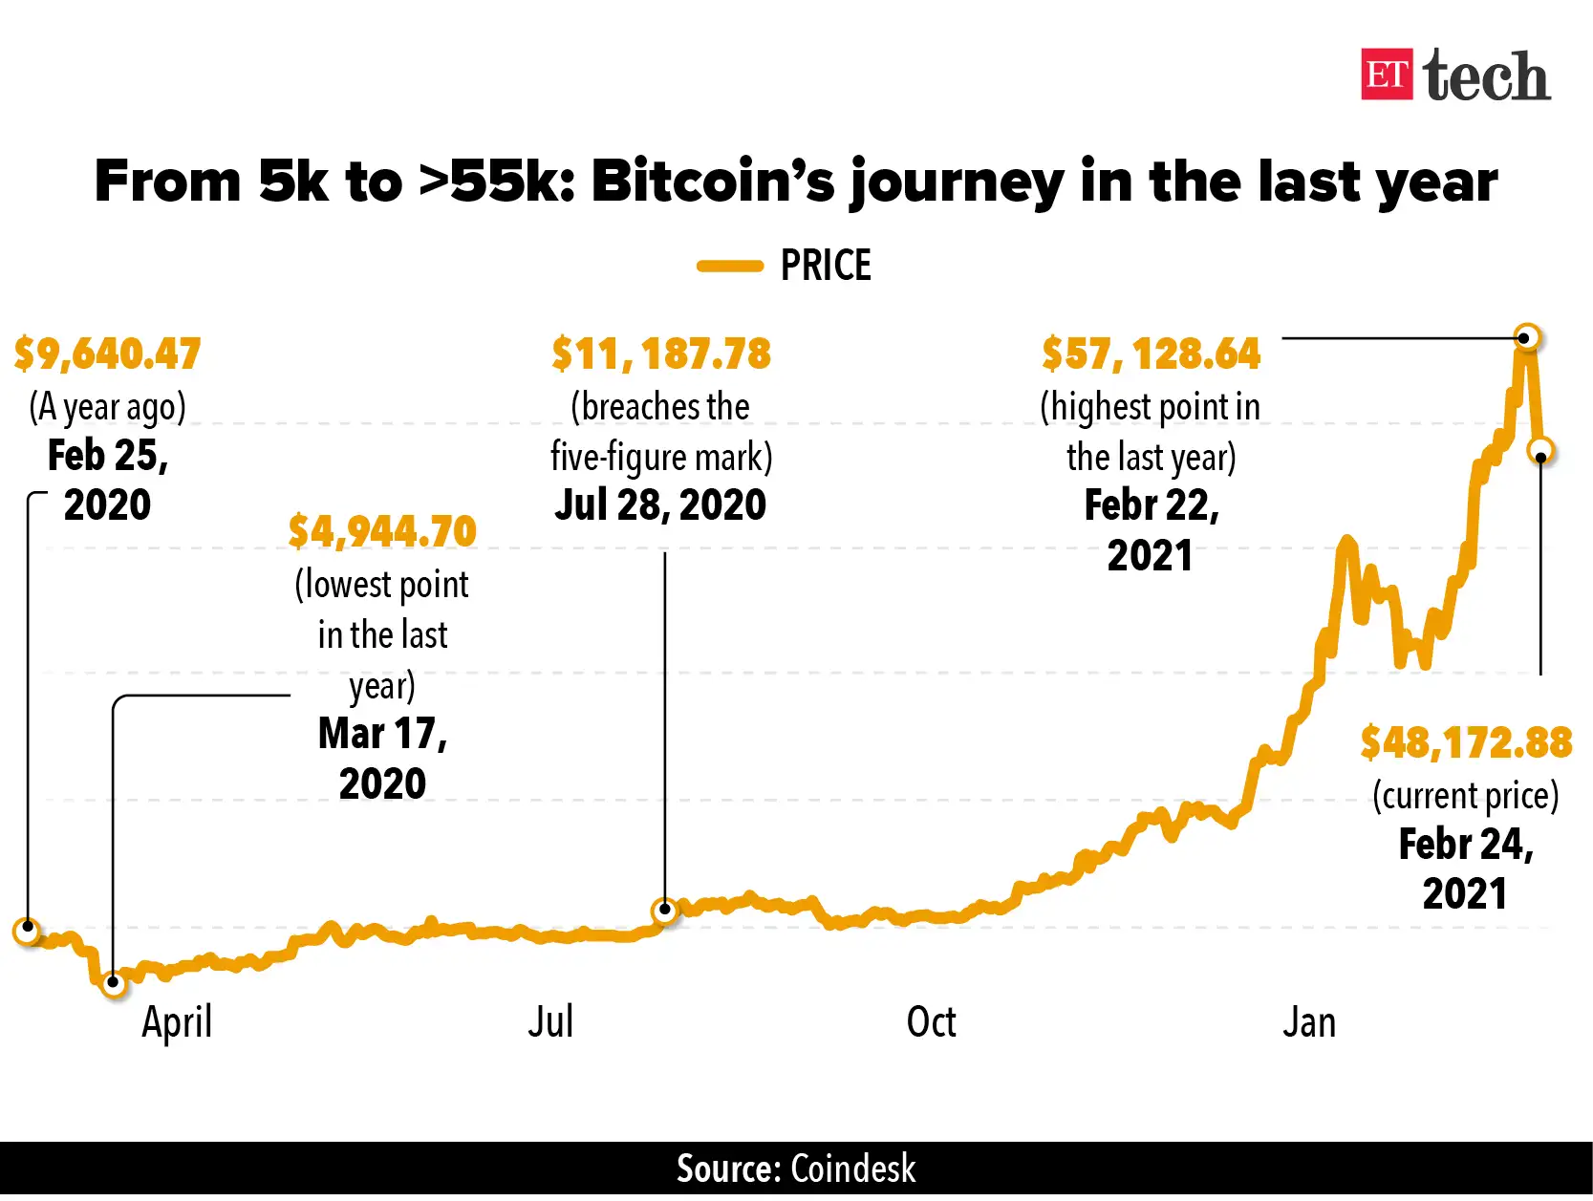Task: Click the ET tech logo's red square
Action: tap(1387, 75)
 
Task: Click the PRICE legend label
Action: tap(826, 266)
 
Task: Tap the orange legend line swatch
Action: tap(730, 267)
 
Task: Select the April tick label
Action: tap(177, 1023)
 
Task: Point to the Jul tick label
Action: tap(550, 1022)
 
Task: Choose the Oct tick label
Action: tap(931, 1022)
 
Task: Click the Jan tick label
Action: tap(1309, 1022)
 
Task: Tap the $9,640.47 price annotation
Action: tap(108, 354)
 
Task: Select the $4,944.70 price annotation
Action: tap(382, 532)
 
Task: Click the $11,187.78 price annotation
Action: tap(661, 354)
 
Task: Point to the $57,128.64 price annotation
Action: tap(1152, 354)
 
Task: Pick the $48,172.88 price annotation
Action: tap(1466, 743)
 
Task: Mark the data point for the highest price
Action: tap(1527, 337)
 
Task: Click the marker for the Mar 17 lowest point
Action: tap(114, 981)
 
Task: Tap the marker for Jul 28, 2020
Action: tap(664, 910)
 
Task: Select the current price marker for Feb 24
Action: tap(1540, 452)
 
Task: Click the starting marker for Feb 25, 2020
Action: tap(28, 928)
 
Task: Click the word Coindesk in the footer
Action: tap(852, 1169)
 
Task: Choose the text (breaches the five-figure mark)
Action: tap(661, 432)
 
